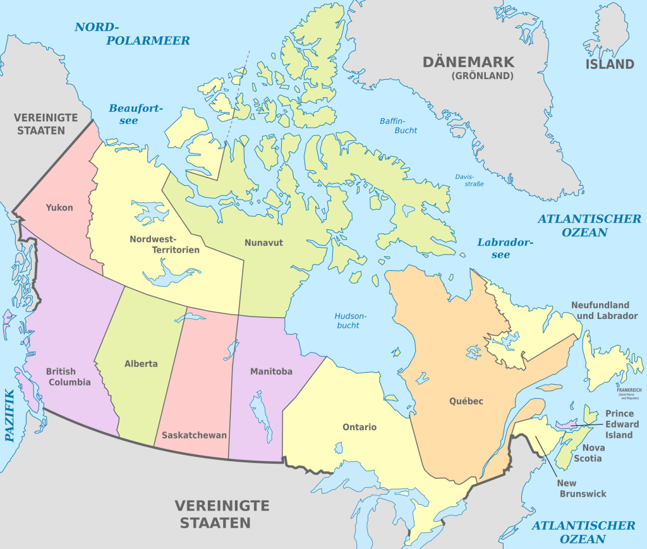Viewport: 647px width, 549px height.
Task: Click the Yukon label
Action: (59, 207)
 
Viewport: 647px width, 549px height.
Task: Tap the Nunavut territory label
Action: (263, 242)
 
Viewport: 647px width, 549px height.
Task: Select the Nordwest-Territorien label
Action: (164, 244)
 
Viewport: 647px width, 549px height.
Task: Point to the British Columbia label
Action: (68, 377)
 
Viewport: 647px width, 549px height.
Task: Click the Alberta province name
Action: (141, 364)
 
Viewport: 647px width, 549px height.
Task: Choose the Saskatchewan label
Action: (194, 435)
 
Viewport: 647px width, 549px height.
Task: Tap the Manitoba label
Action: (271, 371)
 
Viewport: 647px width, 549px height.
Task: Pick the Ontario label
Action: (360, 427)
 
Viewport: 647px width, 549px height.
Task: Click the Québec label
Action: (466, 401)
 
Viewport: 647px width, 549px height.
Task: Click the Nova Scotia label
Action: (588, 452)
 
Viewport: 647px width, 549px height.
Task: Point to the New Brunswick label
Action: (582, 488)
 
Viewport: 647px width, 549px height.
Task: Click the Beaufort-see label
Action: (131, 114)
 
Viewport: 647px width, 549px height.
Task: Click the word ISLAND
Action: (609, 64)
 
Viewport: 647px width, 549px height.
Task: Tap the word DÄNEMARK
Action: (468, 62)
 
